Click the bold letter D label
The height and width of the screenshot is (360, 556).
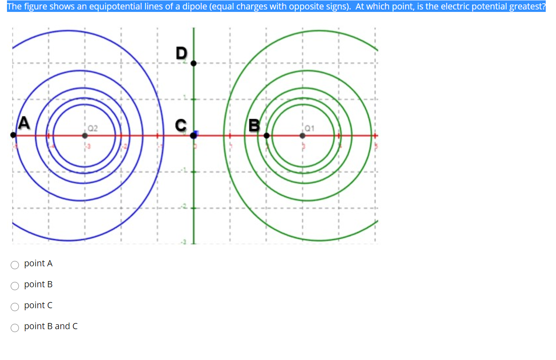181,53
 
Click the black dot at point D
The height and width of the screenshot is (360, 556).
193,63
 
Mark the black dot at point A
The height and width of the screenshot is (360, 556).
14,135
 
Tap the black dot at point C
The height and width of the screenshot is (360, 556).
193,135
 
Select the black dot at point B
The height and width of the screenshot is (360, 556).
266,135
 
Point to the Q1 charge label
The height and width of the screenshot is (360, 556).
310,128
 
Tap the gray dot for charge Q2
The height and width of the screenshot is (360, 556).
85,135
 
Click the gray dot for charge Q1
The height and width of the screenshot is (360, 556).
302,135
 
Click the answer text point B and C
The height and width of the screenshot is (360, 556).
51,326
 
